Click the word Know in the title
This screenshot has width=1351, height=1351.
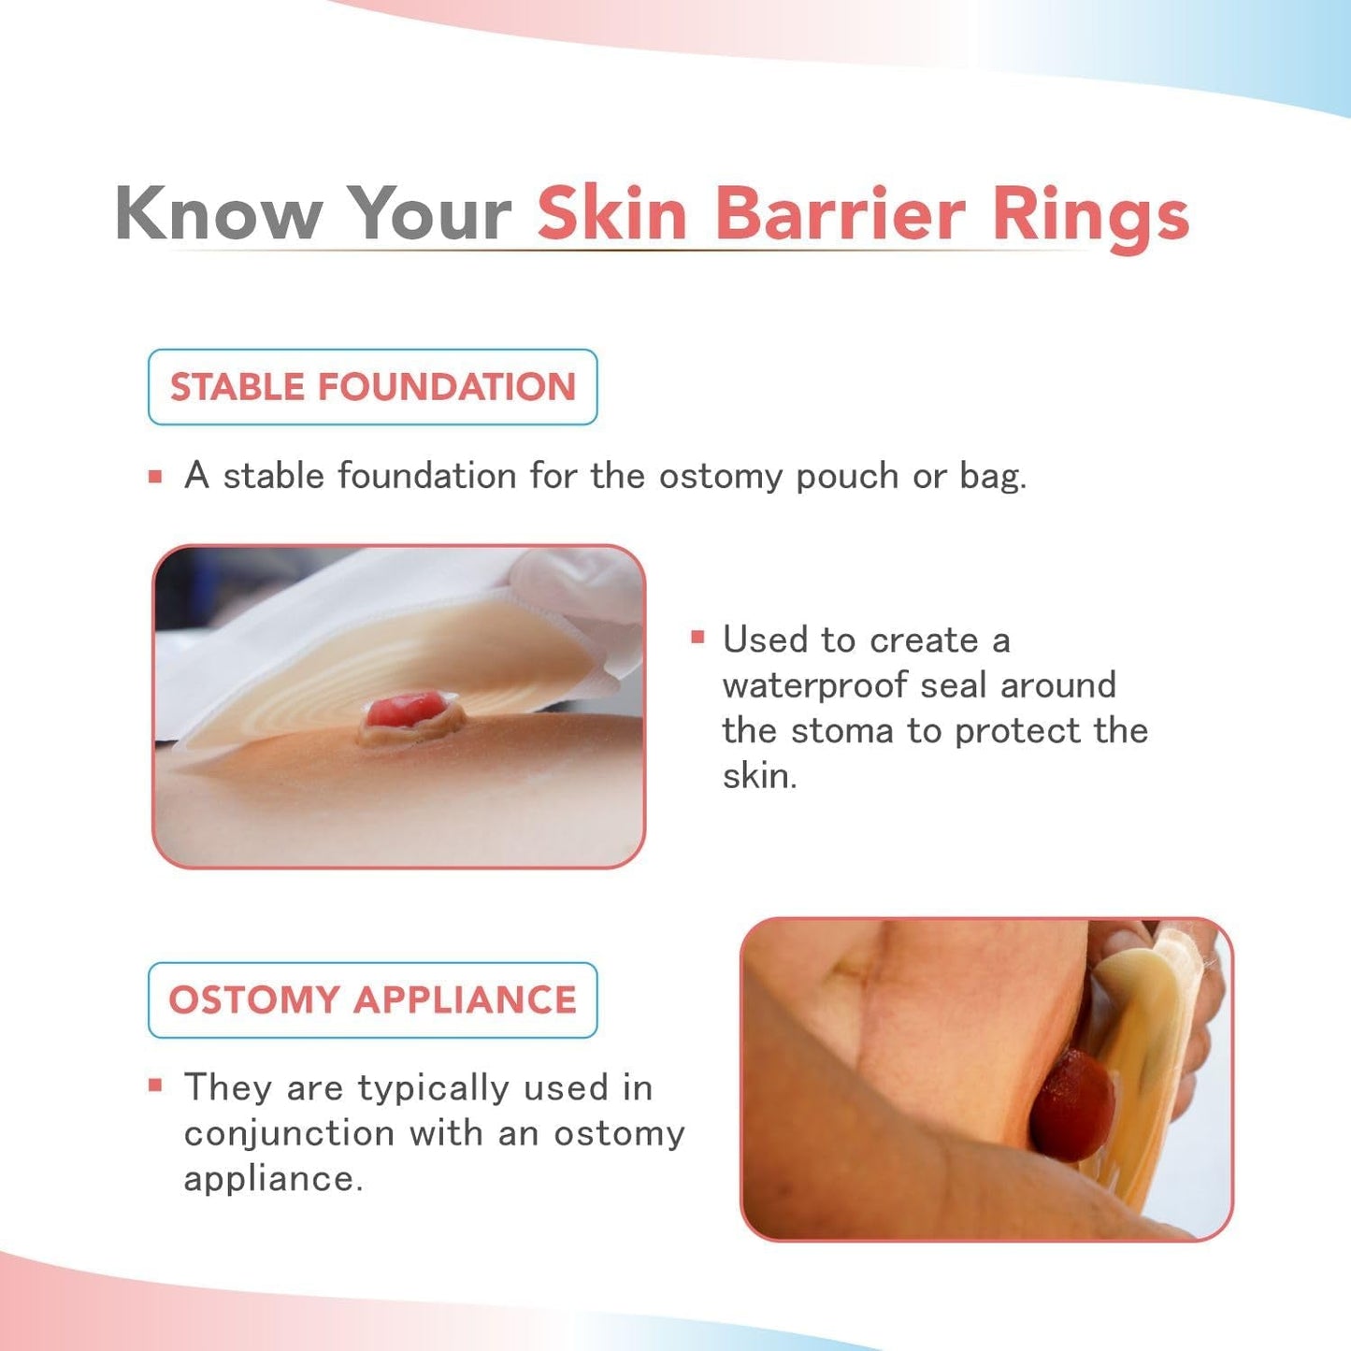(218, 214)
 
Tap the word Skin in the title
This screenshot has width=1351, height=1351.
(612, 214)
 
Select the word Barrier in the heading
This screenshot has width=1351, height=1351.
(839, 214)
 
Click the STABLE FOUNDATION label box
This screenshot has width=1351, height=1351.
(372, 387)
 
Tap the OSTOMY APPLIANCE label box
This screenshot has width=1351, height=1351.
(372, 1000)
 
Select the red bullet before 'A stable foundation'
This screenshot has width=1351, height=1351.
(155, 477)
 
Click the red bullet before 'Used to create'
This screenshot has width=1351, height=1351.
(697, 638)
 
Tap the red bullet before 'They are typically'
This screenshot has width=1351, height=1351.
(155, 1085)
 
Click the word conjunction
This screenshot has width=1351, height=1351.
(289, 1134)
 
